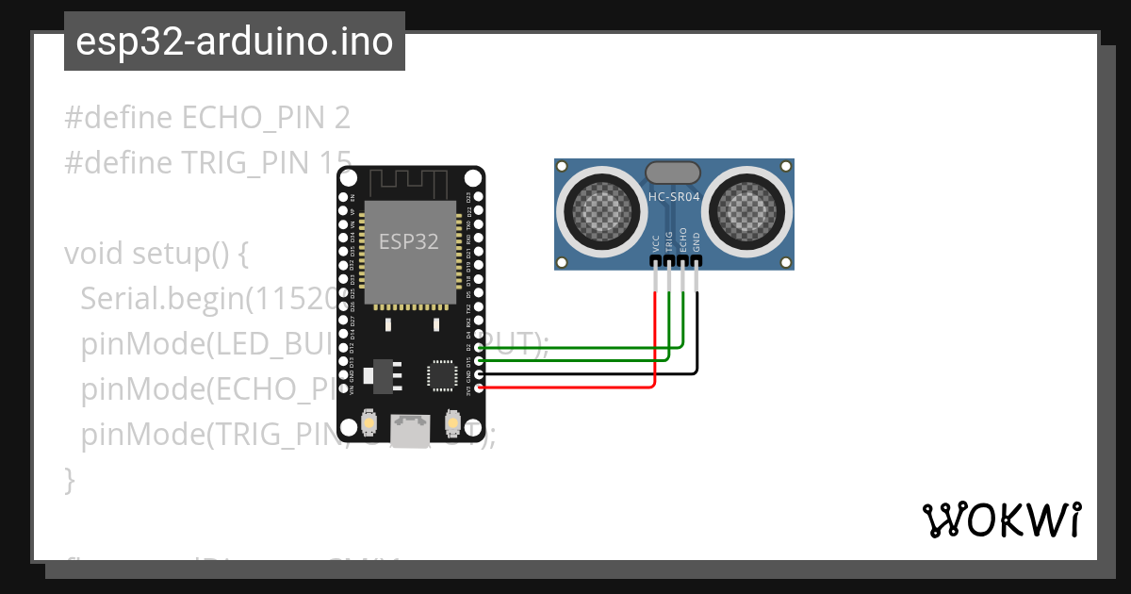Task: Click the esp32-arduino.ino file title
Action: click(x=234, y=41)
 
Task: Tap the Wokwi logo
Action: click(x=1001, y=520)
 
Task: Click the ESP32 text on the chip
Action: click(x=408, y=241)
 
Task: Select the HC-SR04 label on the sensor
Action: click(x=673, y=197)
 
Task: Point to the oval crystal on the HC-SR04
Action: click(x=673, y=172)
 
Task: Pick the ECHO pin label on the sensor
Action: click(x=682, y=239)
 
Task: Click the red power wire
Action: click(x=565, y=387)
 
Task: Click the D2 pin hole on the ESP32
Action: click(x=479, y=348)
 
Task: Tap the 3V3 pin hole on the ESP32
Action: click(x=479, y=387)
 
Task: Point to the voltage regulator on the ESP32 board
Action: click(x=383, y=374)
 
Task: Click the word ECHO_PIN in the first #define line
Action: click(x=253, y=118)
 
